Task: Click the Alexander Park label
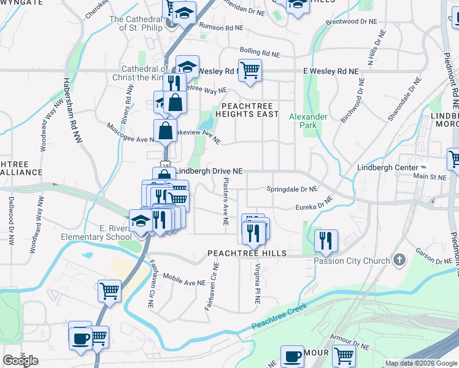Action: click(x=308, y=121)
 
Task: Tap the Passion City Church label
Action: click(x=352, y=261)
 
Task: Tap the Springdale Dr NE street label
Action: click(x=292, y=190)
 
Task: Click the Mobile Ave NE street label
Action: click(x=184, y=282)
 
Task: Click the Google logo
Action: click(x=20, y=361)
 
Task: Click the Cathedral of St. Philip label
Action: click(x=136, y=23)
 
